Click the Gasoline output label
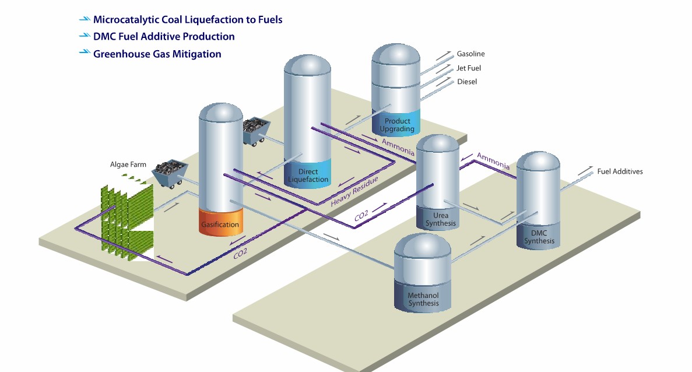pos(470,54)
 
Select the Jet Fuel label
pos(469,68)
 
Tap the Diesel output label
pos(467,82)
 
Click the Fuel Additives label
pos(620,171)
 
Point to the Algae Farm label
pos(128,165)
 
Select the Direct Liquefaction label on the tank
pos(308,176)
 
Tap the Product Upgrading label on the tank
pos(397,125)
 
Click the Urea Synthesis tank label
pos(437,219)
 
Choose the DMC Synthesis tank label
pos(539,237)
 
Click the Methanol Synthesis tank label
pos(423,299)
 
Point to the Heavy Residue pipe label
pos(354,192)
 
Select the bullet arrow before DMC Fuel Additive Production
pos(85,36)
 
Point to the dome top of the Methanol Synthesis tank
pos(423,246)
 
